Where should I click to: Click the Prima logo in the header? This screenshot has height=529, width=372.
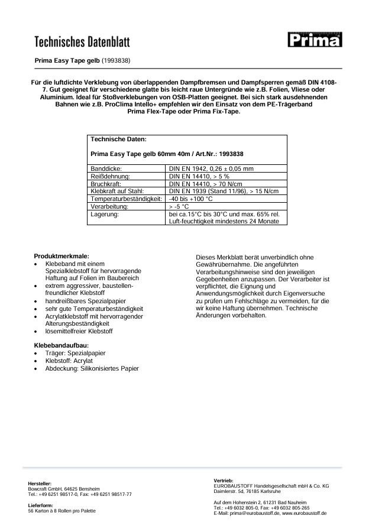coord(315,40)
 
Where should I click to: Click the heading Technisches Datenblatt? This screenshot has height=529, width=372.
coord(82,41)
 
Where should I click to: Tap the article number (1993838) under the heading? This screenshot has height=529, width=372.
coord(117,60)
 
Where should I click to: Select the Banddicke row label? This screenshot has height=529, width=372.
coord(106,168)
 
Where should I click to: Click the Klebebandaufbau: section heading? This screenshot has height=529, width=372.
coord(62,345)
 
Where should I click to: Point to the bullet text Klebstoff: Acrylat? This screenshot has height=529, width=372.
coord(73,361)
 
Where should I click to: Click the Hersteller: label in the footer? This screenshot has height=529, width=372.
coord(40,483)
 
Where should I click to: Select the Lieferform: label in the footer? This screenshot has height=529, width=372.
coord(41,505)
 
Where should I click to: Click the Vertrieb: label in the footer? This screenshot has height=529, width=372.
coord(224,479)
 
